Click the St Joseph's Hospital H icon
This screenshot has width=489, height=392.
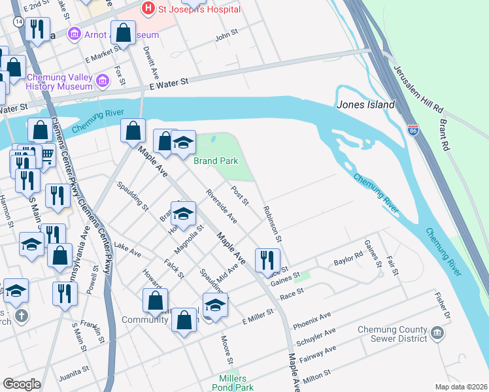coord(148,8)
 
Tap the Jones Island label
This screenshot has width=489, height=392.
coord(366,105)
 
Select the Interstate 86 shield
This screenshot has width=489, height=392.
coord(413,130)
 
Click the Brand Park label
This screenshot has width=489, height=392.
coord(216,160)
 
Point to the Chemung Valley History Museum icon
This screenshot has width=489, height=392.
coord(102,81)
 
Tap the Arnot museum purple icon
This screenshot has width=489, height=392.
coord(75,33)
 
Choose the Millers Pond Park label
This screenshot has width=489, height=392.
coord(224,383)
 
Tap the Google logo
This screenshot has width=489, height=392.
coord(22,384)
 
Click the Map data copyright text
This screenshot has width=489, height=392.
coord(461,387)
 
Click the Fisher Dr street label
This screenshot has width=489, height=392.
coord(443,306)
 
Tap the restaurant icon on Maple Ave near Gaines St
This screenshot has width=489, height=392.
coord(266,260)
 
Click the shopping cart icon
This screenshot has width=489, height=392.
coord(46,154)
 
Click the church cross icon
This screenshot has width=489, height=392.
coord(22,317)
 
